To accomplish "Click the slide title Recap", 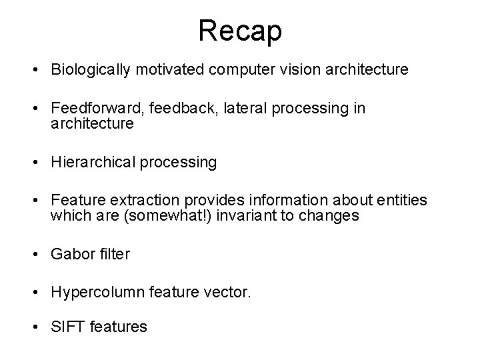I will click(240, 31).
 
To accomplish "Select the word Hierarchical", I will click(94, 162).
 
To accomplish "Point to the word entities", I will click(400, 201).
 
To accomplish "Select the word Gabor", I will click(72, 254).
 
